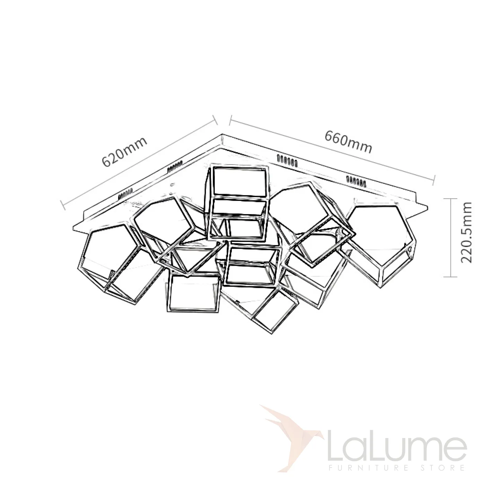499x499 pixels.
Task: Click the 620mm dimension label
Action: pos(124,152)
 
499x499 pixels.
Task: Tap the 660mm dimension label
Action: pos(348,142)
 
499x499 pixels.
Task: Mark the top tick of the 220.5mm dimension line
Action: pos(450,199)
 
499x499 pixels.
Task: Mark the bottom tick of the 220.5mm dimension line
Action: pos(450,277)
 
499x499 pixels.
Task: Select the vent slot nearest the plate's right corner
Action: pos(356,181)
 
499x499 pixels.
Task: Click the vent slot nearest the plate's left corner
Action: pos(126,193)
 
